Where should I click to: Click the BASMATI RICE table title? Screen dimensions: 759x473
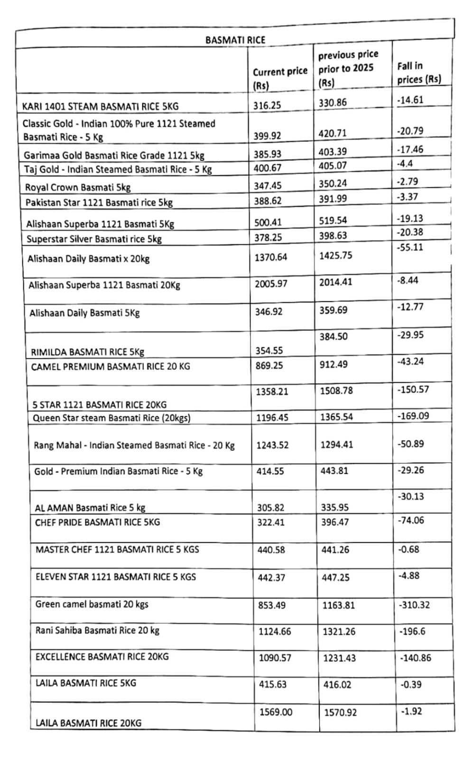click(x=235, y=40)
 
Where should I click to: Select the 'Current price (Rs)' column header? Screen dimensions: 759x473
click(x=279, y=78)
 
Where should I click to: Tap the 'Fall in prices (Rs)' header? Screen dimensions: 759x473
click(x=418, y=73)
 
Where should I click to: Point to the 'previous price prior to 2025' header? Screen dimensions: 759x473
click(x=348, y=69)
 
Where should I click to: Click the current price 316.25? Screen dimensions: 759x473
click(x=267, y=105)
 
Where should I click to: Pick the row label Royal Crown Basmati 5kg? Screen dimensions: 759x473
click(x=78, y=187)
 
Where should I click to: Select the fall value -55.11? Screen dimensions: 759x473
click(x=409, y=247)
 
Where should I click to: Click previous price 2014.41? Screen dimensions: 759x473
click(x=335, y=282)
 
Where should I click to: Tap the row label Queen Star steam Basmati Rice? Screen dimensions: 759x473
click(x=111, y=418)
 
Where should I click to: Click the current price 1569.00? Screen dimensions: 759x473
click(x=276, y=712)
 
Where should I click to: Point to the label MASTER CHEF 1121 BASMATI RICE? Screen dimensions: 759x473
click(x=117, y=549)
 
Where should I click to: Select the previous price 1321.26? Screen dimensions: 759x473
click(x=340, y=631)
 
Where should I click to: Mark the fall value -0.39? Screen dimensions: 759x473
click(x=410, y=685)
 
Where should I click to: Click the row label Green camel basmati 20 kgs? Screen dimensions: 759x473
click(x=92, y=604)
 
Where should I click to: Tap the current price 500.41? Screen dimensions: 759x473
click(x=268, y=222)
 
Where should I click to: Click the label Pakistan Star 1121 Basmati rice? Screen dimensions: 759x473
click(x=99, y=203)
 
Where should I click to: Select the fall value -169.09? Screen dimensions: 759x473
click(x=413, y=416)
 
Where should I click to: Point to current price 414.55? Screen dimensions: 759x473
click(x=270, y=471)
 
